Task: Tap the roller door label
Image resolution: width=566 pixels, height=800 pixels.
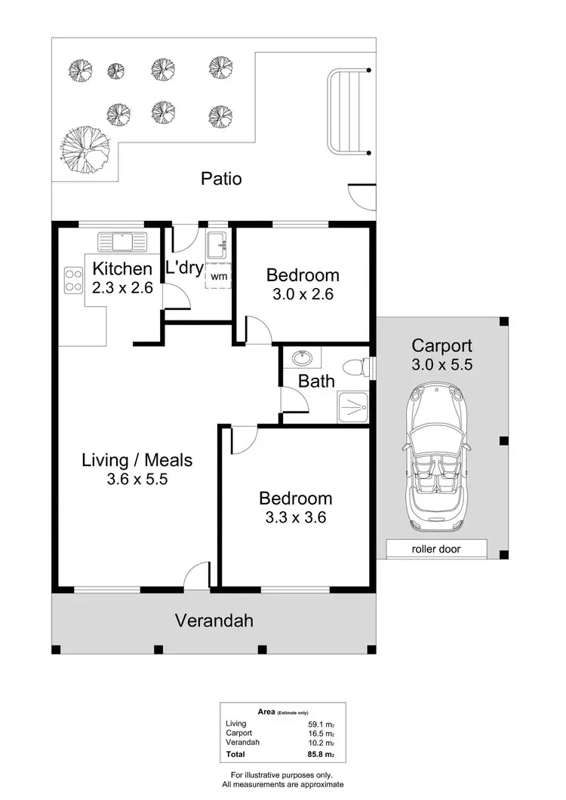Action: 436,549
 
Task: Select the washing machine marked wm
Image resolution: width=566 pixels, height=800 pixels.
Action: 219,277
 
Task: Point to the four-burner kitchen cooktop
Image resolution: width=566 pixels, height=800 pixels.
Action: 73,280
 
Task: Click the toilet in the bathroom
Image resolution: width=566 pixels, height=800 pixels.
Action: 355,367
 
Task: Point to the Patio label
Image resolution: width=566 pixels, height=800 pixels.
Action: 221,179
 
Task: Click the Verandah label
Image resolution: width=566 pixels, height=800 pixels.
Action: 214,621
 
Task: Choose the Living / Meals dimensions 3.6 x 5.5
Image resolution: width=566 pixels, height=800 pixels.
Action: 137,479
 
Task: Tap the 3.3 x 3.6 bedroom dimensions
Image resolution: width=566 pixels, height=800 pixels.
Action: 295,517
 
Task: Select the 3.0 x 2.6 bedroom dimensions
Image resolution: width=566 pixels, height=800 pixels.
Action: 303,294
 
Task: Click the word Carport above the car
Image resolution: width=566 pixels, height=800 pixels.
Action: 441,346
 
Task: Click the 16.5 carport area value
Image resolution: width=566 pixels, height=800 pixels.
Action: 320,733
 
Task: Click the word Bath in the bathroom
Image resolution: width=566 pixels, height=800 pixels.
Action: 316,382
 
